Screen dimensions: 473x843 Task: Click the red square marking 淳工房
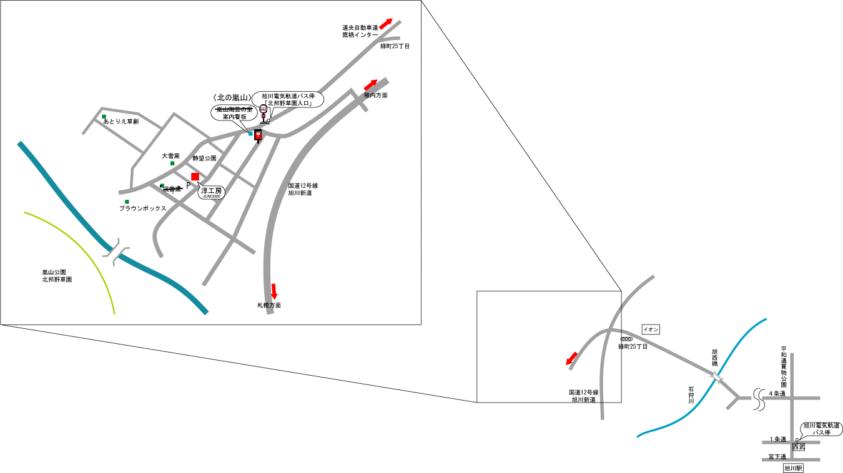click(x=195, y=177)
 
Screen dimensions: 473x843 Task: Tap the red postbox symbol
click(x=258, y=136)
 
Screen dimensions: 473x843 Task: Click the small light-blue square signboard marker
click(x=250, y=134)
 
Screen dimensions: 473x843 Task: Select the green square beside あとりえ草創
click(x=104, y=116)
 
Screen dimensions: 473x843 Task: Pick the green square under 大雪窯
click(x=172, y=163)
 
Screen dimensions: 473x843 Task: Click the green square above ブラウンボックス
click(x=127, y=202)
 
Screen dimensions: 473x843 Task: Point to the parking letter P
click(x=188, y=185)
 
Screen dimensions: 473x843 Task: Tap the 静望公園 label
click(x=204, y=158)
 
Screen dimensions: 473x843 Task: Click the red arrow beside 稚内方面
click(x=370, y=84)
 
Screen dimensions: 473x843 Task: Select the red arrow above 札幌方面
click(x=274, y=290)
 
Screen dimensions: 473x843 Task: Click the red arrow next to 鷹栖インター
click(x=386, y=24)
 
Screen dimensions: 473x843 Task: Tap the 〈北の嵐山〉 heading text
click(x=232, y=98)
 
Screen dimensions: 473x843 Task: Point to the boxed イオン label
click(x=651, y=329)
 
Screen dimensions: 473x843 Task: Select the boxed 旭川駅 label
click(x=793, y=467)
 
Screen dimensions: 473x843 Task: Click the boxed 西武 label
click(x=799, y=447)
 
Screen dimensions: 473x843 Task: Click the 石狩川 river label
click(x=691, y=395)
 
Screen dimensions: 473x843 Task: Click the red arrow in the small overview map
click(x=571, y=359)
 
